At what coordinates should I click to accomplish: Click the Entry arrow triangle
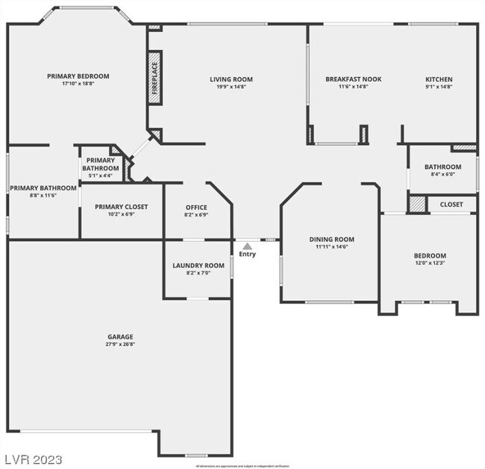tap(247, 245)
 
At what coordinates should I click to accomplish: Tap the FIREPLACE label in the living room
tap(154, 75)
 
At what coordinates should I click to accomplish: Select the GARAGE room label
tap(119, 337)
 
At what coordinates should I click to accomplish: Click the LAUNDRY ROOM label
tap(198, 265)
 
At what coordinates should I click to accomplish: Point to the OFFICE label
tap(196, 208)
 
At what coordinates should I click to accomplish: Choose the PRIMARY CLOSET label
tap(122, 207)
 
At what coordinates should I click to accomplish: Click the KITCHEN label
tap(439, 79)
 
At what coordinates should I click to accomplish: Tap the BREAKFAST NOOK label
tap(353, 79)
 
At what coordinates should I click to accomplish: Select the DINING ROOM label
tap(331, 240)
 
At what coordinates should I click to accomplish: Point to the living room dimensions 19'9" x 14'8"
tap(231, 87)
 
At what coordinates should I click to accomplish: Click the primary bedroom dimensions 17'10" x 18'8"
tap(78, 83)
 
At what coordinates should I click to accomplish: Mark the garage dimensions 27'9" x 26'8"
tap(119, 345)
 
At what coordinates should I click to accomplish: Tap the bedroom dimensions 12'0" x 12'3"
tap(430, 263)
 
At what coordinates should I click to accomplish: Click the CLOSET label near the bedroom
tap(451, 205)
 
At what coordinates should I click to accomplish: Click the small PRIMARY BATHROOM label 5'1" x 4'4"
tap(100, 164)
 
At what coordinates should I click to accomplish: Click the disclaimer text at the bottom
tap(242, 465)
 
